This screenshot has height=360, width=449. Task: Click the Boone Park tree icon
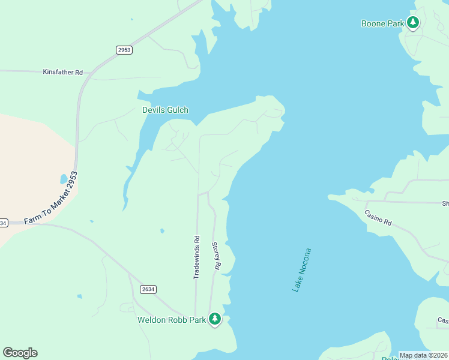(412, 23)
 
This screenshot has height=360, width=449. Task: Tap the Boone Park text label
(383, 24)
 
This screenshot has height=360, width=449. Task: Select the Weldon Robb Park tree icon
(215, 319)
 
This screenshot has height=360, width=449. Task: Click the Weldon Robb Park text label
(172, 320)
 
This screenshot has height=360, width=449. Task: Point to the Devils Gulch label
(165, 110)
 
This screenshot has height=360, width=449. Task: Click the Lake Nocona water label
(302, 270)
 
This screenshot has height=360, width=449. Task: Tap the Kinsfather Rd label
(63, 72)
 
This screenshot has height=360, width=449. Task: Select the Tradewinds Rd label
(196, 257)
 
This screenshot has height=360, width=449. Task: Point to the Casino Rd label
(378, 217)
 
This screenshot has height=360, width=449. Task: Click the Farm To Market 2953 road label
(52, 199)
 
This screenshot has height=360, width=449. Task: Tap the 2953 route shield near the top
(124, 50)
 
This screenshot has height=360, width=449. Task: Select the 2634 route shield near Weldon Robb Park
(148, 289)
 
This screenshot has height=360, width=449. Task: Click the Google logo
(20, 353)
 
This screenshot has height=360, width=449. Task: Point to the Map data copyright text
(423, 355)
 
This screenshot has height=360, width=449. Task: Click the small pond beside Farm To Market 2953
(64, 179)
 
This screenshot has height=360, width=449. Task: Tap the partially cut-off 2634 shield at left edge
(3, 223)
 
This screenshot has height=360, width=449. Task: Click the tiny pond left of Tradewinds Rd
(162, 230)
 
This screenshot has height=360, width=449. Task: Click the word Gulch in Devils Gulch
(177, 110)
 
